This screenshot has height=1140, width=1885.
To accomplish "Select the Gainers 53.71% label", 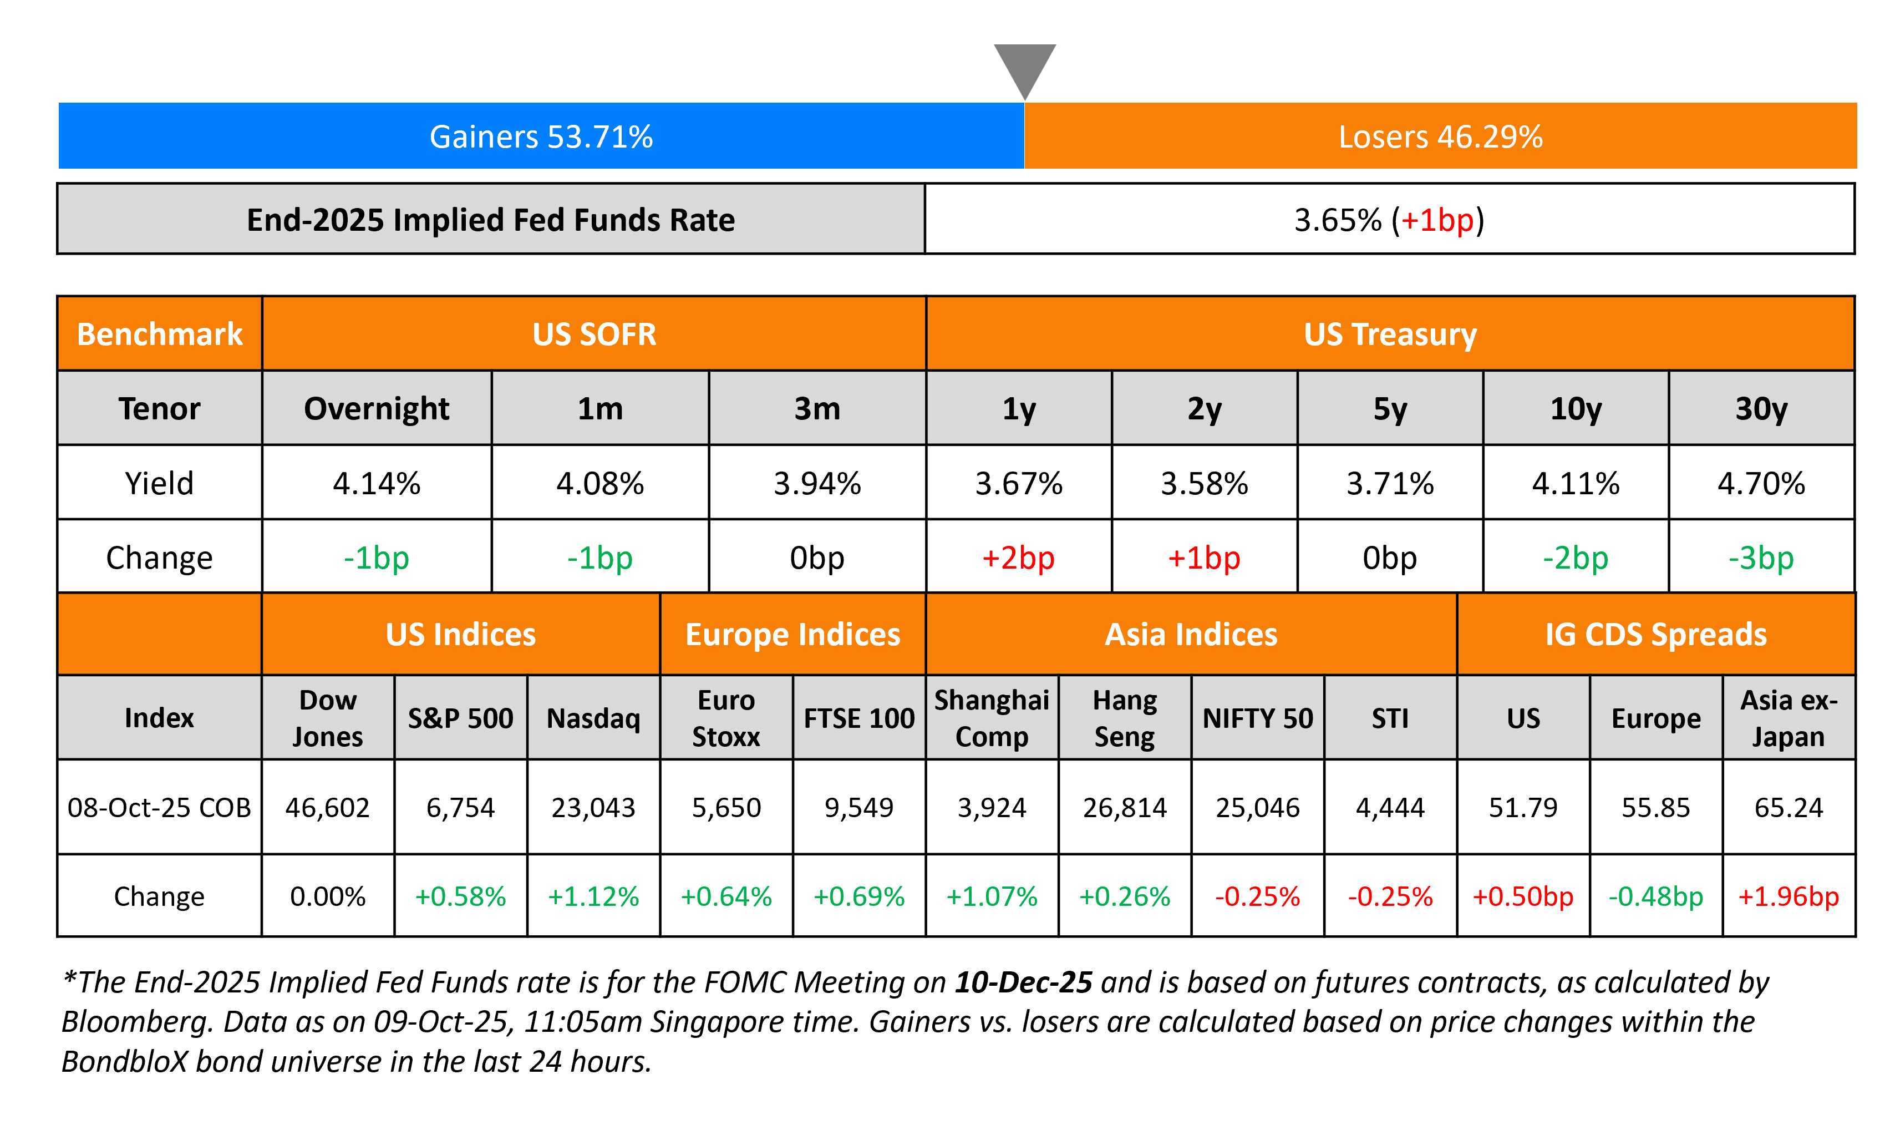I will (541, 137).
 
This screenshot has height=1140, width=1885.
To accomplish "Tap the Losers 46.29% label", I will (1440, 137).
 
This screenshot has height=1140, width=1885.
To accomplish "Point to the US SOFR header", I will (593, 335).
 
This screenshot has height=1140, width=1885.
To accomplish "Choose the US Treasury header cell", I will (1389, 335).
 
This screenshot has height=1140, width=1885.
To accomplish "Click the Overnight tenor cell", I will (377, 408).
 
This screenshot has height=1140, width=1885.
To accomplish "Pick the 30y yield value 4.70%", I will (1761, 484).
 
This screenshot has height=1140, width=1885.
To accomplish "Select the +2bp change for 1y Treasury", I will (1018, 558).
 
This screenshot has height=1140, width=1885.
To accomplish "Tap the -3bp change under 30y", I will (1761, 558).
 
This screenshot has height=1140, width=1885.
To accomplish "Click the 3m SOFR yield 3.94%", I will (817, 484).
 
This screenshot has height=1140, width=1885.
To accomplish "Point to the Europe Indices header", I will (792, 634).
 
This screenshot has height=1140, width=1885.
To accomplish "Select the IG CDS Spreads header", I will (1655, 634).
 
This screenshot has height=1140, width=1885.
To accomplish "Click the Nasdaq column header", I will (593, 718).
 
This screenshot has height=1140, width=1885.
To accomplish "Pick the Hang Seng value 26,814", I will (1125, 807).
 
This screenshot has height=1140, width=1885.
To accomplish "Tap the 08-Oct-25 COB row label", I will (159, 807).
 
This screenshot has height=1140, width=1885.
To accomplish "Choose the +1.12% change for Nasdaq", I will (593, 896).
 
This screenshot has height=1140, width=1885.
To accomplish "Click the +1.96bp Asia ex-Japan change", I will (1788, 896).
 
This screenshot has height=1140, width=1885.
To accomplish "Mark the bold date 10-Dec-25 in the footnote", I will (1023, 982).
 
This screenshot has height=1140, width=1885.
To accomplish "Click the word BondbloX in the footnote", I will (124, 1062).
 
